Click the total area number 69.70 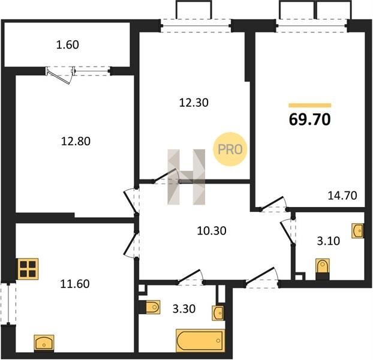[x=309, y=119]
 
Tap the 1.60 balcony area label [x=68, y=45]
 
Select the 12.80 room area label [x=76, y=141]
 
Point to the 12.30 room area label [x=194, y=103]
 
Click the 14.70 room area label [x=342, y=196]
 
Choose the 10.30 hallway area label [x=212, y=230]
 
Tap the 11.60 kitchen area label [x=75, y=284]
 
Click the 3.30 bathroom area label [x=184, y=308]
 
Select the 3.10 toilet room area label [x=328, y=241]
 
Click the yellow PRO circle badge [x=230, y=149]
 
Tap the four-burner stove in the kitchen [x=28, y=269]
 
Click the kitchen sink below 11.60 [x=44, y=343]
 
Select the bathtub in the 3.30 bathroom [x=200, y=340]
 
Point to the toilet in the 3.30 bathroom [x=149, y=307]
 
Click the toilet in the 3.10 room [x=323, y=269]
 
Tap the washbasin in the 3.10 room [x=357, y=230]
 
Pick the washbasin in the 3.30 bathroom [x=218, y=313]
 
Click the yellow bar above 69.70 [x=309, y=106]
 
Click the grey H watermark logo [x=186, y=177]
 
